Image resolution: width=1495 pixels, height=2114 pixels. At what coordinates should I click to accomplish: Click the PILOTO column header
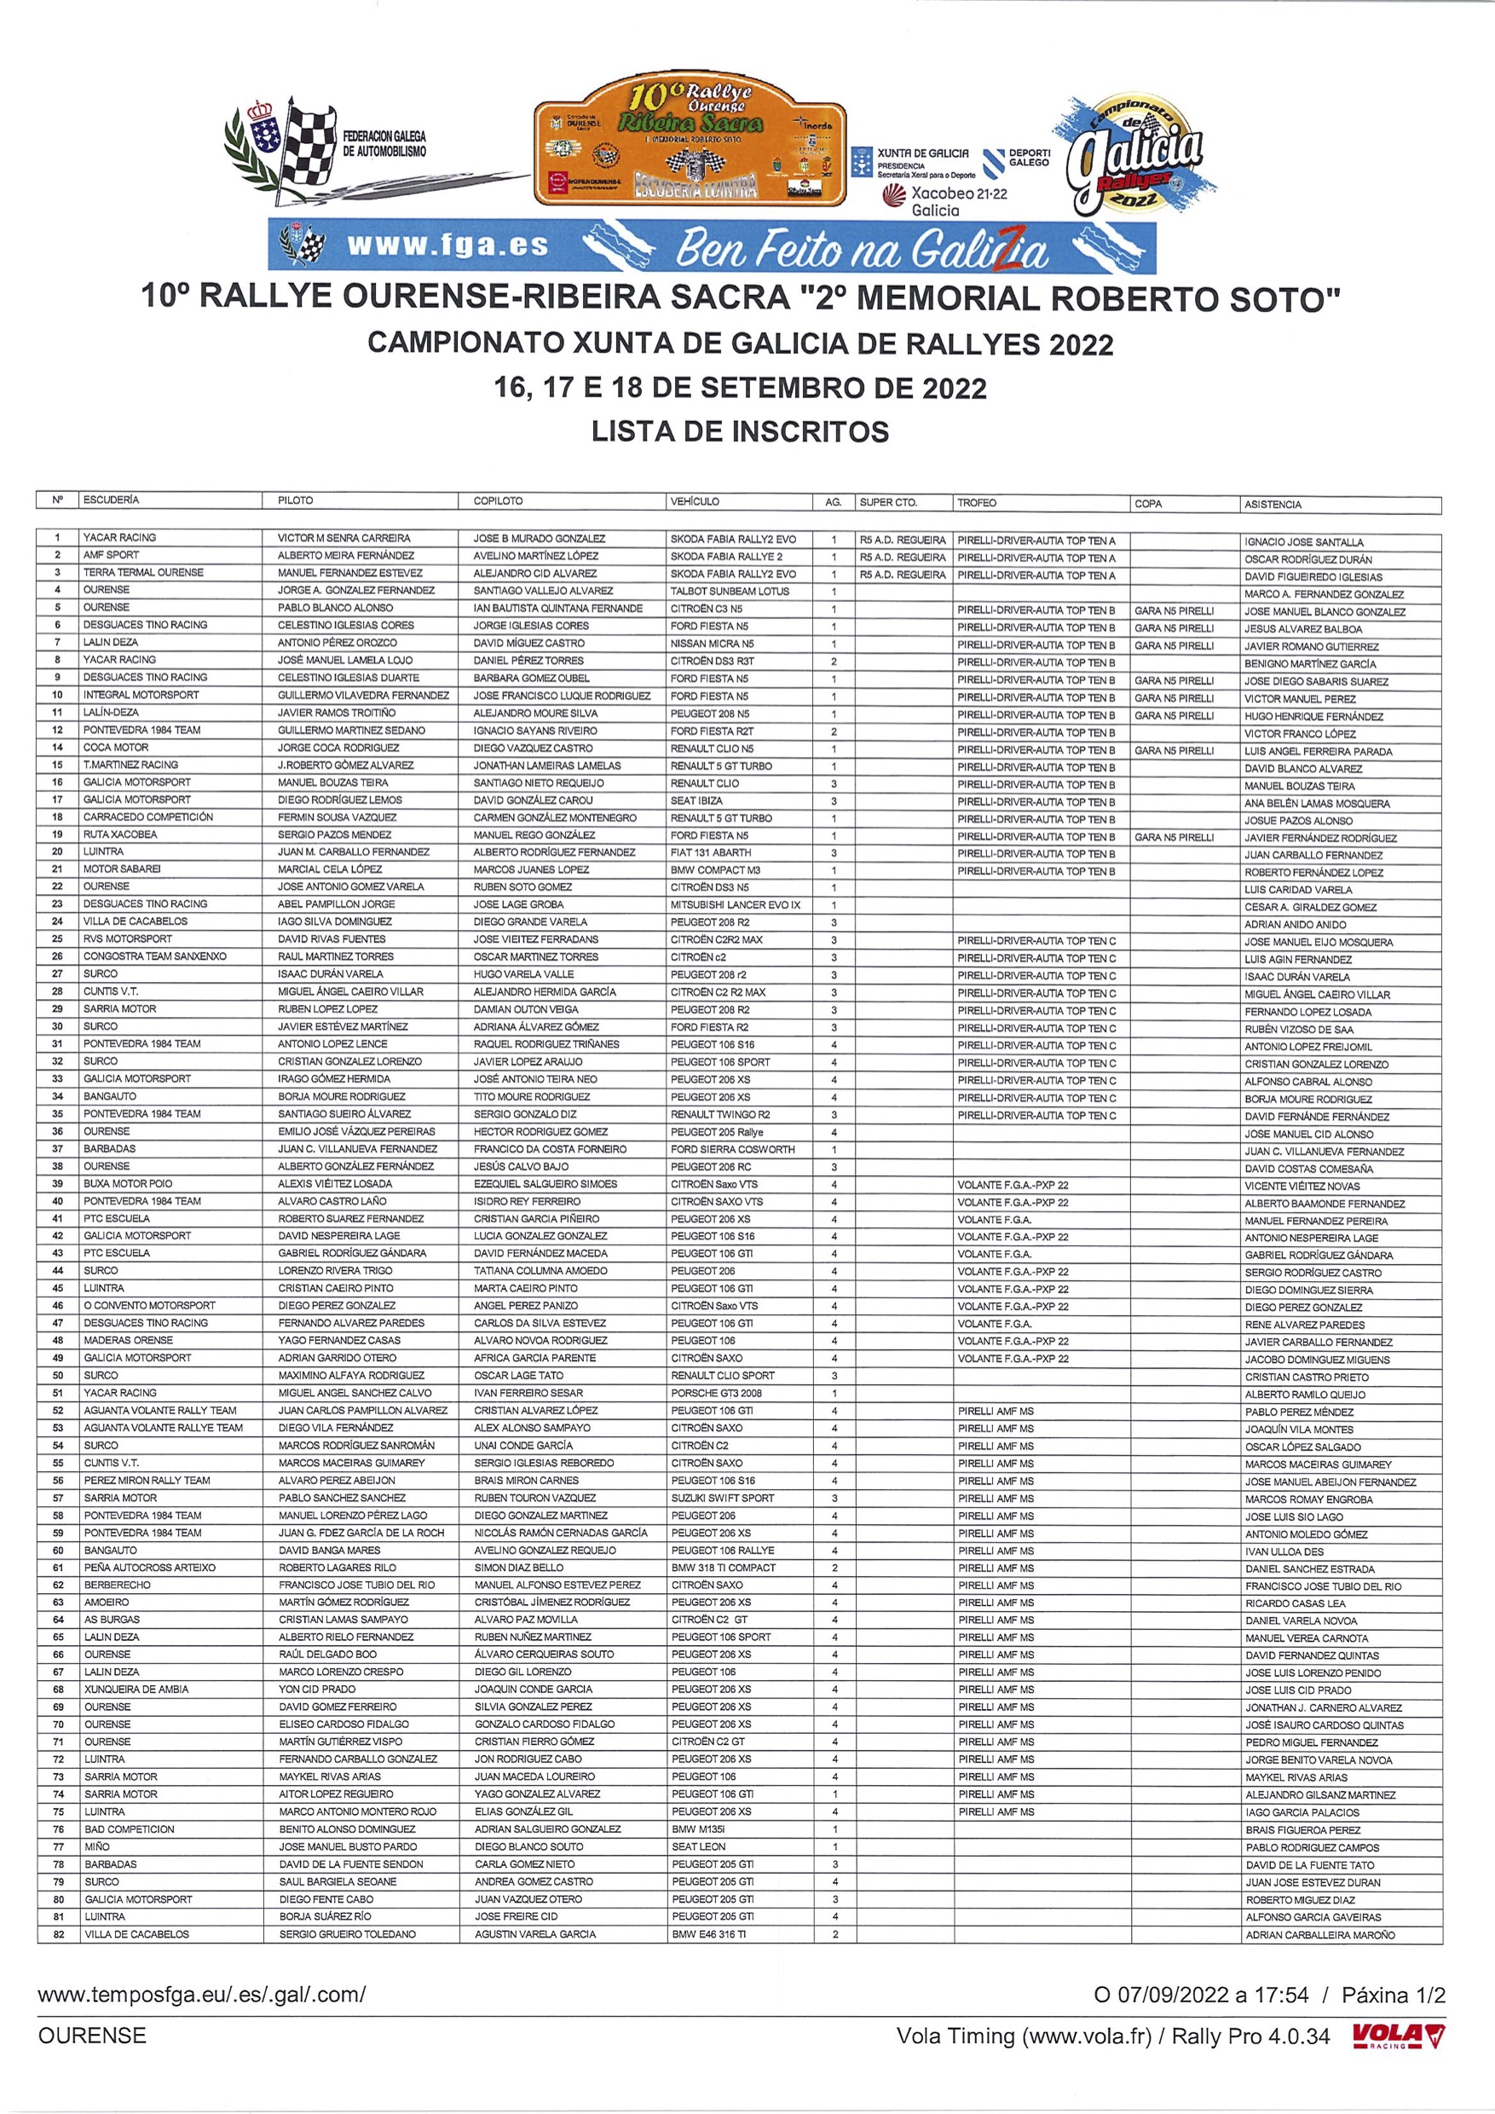[x=296, y=501]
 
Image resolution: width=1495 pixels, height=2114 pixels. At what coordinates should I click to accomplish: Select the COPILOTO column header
[x=498, y=501]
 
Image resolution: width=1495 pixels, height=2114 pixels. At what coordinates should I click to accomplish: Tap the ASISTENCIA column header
[x=1273, y=505]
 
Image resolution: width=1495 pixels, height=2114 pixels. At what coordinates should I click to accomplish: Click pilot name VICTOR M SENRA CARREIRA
[x=344, y=538]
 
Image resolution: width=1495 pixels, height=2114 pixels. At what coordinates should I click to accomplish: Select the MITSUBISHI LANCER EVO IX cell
[x=736, y=905]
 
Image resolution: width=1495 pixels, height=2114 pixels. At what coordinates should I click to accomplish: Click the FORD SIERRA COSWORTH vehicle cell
[x=733, y=1149]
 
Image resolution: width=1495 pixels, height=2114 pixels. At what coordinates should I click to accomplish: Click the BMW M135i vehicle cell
[x=698, y=1829]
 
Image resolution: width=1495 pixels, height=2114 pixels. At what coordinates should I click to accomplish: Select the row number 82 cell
[x=58, y=1934]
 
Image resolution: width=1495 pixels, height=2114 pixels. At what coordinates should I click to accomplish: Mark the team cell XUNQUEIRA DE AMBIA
[x=136, y=1689]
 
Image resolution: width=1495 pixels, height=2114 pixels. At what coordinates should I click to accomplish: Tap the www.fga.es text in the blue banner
[x=447, y=245]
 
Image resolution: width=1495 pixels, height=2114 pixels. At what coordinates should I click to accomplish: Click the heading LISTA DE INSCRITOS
[x=740, y=431]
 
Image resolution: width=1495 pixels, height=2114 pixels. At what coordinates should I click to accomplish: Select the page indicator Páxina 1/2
[x=1393, y=1996]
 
